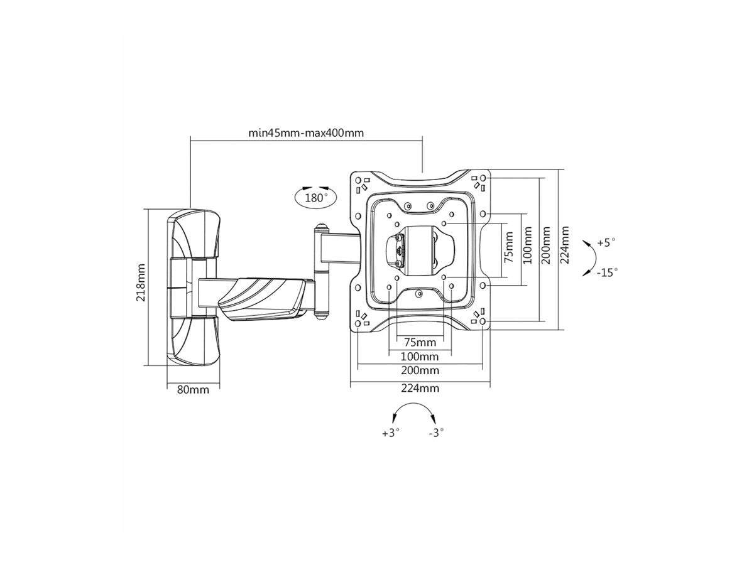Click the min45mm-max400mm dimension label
click(x=306, y=132)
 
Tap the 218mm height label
click(x=141, y=282)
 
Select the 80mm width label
click(x=193, y=390)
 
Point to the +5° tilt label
click(x=606, y=242)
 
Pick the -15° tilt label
click(x=607, y=272)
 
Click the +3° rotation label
click(x=391, y=433)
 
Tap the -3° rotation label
click(x=436, y=433)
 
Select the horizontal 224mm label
click(x=420, y=388)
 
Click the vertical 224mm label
click(x=564, y=244)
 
